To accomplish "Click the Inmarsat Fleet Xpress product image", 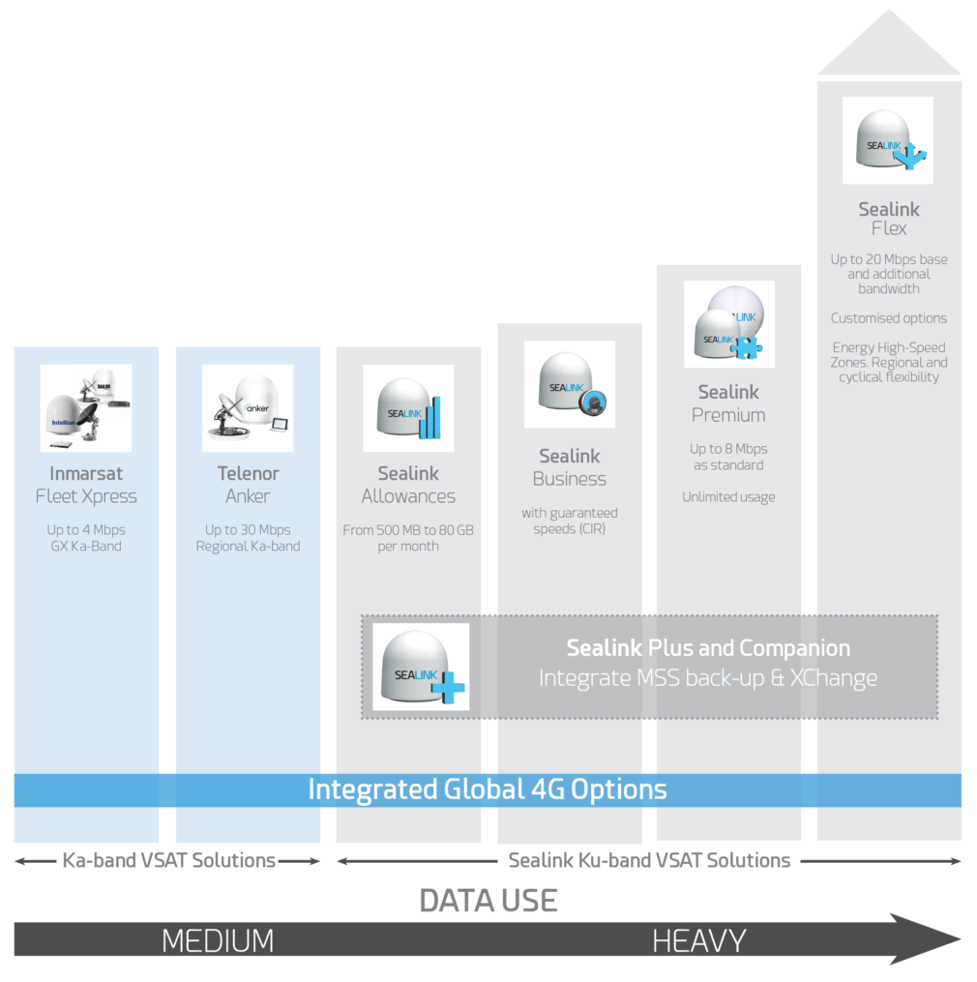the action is point(86,408).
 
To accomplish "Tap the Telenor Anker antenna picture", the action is point(248,408).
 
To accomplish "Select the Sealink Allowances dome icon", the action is point(408,408).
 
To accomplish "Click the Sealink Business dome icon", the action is point(570,384).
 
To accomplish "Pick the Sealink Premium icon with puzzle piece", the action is point(729,324).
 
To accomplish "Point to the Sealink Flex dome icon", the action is point(888,140).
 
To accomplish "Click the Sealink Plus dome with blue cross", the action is point(421,667).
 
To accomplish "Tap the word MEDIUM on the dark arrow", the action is point(218,940).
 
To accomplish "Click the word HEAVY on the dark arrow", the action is point(699,940).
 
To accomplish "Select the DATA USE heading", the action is point(488,901).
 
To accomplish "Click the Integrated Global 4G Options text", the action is point(488,789).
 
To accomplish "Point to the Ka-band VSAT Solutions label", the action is point(168,860).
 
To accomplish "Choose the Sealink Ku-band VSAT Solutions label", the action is point(649,860).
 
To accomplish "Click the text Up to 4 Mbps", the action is point(86,530).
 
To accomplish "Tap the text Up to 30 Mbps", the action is point(248,530).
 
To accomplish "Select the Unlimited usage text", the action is point(728,497).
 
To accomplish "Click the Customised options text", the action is point(889,318).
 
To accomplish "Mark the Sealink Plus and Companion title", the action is point(708,648).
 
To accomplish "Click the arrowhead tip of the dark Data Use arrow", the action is point(961,938).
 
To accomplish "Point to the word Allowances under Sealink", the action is point(408,496).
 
